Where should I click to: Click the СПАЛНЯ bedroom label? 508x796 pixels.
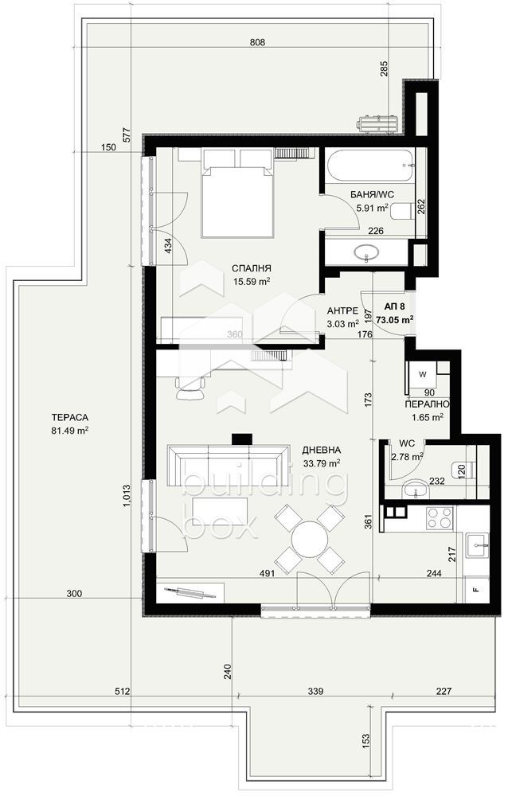pos(251,268)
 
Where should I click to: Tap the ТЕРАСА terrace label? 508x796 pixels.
pos(70,417)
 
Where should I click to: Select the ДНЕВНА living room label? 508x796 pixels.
pos(321,450)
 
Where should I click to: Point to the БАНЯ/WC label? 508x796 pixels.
pos(371,194)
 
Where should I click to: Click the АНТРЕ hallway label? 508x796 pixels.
pos(342,310)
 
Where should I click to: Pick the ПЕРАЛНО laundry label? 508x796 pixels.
pos(427,404)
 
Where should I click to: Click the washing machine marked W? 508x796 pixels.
pos(423,375)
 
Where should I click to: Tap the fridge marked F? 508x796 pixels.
pos(476,590)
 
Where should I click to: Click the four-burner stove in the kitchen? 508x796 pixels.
pos(440,518)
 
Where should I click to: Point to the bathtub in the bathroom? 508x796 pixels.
pos(369,166)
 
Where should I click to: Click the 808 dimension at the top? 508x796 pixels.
pos(258,43)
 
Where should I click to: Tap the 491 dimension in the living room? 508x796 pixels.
pos(267,573)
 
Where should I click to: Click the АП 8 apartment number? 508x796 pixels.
pos(395,306)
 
